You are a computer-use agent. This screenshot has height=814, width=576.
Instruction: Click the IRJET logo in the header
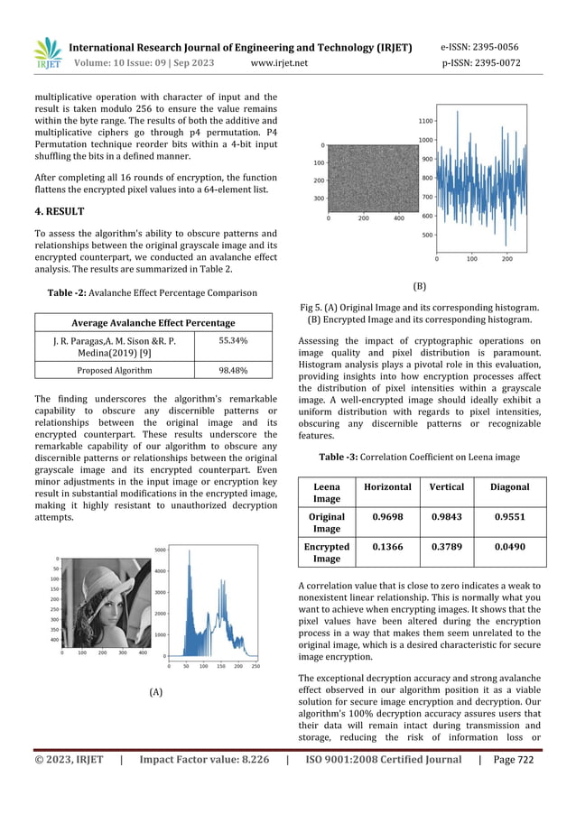pyautogui.click(x=46, y=54)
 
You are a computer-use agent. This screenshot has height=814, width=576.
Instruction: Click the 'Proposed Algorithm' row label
pyautogui.click(x=114, y=370)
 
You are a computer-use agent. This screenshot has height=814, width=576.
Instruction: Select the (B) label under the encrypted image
pyautogui.click(x=420, y=285)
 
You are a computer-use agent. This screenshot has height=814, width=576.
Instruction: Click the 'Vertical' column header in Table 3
pyautogui.click(x=447, y=487)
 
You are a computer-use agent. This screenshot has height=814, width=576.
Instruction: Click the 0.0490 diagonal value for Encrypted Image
pyautogui.click(x=510, y=547)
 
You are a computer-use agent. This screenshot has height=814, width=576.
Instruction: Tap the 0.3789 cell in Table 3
pyautogui.click(x=447, y=547)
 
